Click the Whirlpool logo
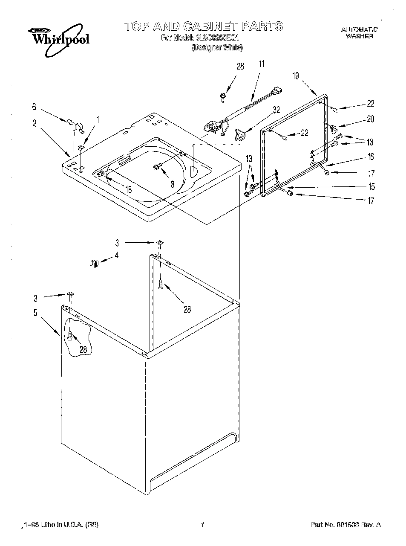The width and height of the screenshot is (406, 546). coord(59,38)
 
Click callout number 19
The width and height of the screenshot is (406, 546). coord(296,76)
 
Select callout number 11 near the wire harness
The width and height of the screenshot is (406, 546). coord(261,64)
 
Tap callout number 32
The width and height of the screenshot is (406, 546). coord(276,109)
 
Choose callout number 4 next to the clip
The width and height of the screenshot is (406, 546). coord(116,256)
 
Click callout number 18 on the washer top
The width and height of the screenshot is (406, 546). coord(129,189)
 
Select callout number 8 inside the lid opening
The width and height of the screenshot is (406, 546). coord(172,184)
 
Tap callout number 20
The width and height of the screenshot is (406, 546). coord(371,119)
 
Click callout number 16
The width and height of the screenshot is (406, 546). coord(371,157)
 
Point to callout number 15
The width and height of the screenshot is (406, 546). coord(371,186)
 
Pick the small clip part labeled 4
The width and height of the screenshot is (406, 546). coord(94,263)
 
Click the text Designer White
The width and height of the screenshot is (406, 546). coord(217,48)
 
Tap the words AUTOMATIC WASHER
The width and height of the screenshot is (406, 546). coord(359,33)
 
